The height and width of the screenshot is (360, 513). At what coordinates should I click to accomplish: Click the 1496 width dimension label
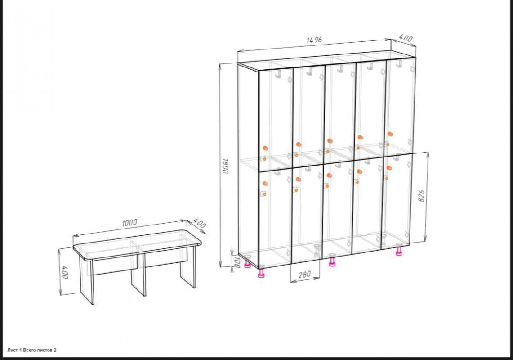(314, 40)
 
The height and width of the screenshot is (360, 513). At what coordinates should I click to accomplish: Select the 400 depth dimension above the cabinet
(406, 38)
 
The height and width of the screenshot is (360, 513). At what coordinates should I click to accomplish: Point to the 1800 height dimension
(225, 166)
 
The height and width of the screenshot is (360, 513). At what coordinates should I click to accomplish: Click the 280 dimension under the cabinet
(304, 274)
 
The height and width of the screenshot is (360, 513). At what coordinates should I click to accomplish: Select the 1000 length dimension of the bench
(129, 223)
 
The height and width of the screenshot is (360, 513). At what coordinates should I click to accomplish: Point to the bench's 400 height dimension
(65, 273)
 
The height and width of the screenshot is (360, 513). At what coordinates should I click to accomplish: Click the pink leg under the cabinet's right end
(399, 251)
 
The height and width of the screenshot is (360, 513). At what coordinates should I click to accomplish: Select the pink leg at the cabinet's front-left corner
(261, 273)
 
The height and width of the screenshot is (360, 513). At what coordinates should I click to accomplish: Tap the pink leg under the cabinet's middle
(332, 262)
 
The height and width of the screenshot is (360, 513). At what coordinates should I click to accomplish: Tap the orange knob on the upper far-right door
(390, 134)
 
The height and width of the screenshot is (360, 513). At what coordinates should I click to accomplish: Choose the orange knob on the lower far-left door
(265, 184)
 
